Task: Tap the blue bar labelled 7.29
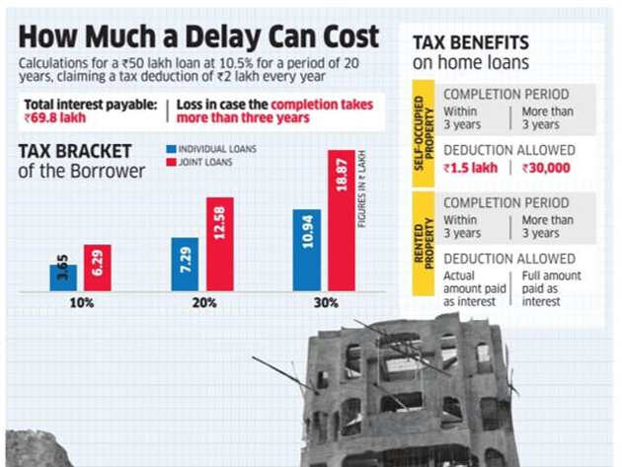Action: tap(184, 265)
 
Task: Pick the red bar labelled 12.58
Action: tap(218, 245)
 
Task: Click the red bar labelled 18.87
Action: tap(342, 221)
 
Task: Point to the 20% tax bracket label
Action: tap(204, 303)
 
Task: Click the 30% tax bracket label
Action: tap(326, 303)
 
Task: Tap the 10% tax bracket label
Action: tap(81, 303)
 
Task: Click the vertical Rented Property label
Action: tap(421, 243)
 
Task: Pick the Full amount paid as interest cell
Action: tap(552, 288)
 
